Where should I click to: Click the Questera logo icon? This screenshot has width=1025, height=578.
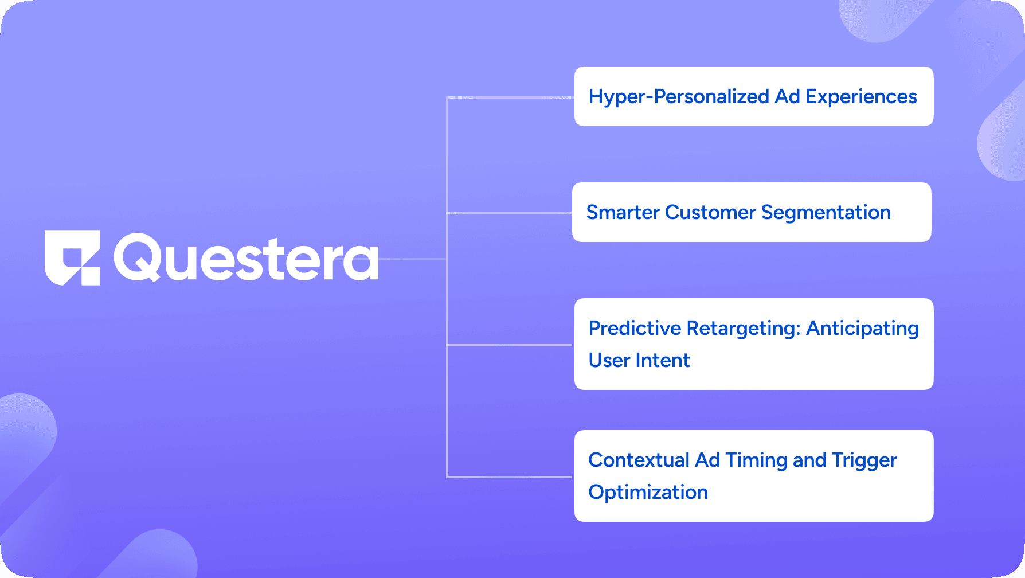(x=72, y=257)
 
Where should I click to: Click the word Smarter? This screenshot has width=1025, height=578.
(x=623, y=212)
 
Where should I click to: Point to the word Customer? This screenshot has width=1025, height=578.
(x=711, y=212)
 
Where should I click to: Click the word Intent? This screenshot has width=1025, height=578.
(x=663, y=360)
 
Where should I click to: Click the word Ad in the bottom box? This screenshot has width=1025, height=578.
(x=707, y=460)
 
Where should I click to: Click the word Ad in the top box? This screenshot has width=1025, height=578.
(x=787, y=96)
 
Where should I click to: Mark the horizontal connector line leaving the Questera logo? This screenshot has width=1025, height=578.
(x=413, y=259)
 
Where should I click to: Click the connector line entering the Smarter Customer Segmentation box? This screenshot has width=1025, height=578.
(x=510, y=213)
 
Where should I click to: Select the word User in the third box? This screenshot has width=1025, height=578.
(x=610, y=360)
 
